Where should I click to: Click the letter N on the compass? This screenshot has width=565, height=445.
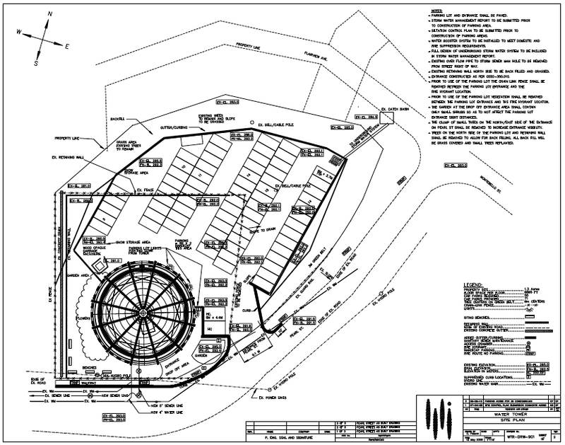tap(50, 13)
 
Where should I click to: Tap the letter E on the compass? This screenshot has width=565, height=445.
tap(66, 46)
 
